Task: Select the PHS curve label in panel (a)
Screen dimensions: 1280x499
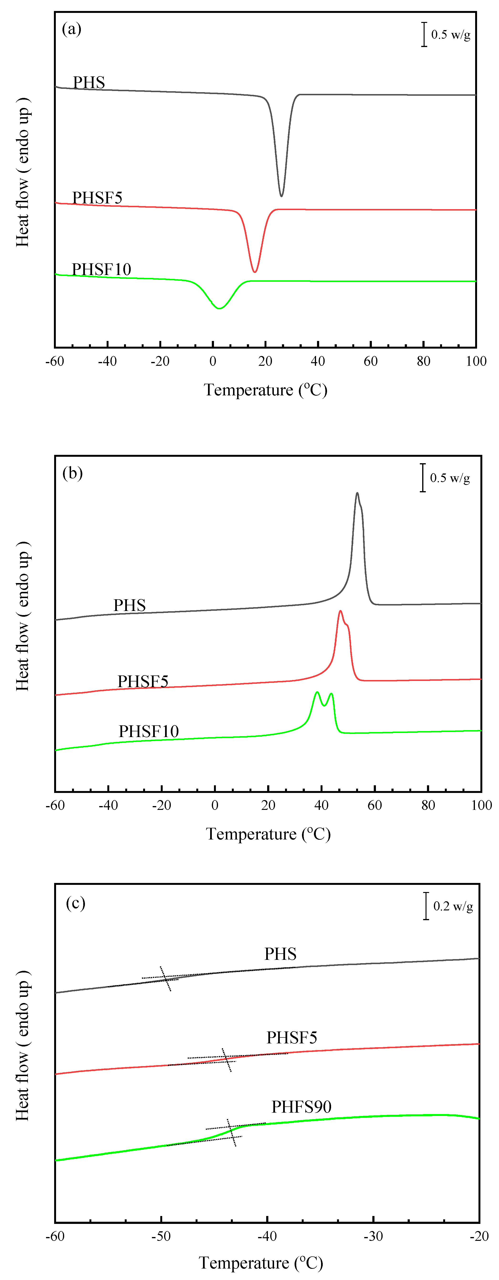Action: pyautogui.click(x=89, y=82)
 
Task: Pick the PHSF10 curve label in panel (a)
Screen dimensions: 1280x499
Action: pyautogui.click(x=101, y=269)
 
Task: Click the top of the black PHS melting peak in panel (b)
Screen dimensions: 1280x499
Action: pyautogui.click(x=357, y=494)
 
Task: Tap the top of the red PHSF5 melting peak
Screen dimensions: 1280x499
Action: pyautogui.click(x=340, y=611)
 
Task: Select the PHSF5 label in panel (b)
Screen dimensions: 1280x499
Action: pyautogui.click(x=142, y=681)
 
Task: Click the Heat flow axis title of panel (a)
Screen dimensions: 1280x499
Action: pyautogui.click(x=22, y=171)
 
